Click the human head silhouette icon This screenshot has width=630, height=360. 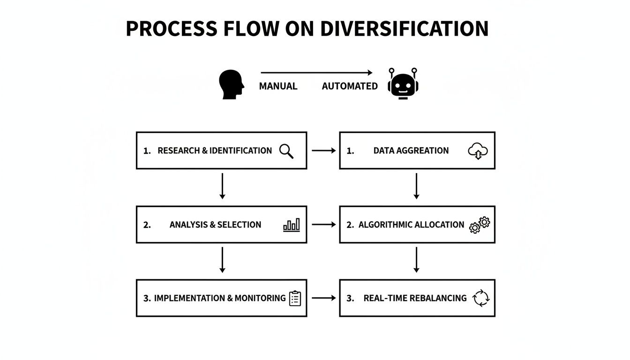pyautogui.click(x=231, y=84)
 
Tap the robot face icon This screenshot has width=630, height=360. pyautogui.click(x=403, y=84)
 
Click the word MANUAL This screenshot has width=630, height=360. pyautogui.click(x=278, y=86)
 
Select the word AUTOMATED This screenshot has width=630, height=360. pyautogui.click(x=350, y=86)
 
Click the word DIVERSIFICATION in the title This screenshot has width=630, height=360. pyautogui.click(x=404, y=29)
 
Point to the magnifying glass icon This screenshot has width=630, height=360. pyautogui.click(x=286, y=151)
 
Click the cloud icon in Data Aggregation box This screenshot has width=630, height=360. pyautogui.click(x=478, y=151)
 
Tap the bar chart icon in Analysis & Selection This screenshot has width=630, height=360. pyautogui.click(x=292, y=225)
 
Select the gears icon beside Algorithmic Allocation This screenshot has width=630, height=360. pyautogui.click(x=480, y=225)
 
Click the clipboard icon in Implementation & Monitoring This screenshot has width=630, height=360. pyautogui.click(x=295, y=298)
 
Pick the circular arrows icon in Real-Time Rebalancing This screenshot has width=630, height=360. pyautogui.click(x=481, y=298)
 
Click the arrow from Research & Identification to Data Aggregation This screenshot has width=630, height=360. pyautogui.click(x=323, y=150)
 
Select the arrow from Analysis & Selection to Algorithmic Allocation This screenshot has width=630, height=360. pyautogui.click(x=323, y=225)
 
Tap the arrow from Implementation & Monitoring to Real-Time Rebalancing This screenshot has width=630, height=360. pyautogui.click(x=323, y=298)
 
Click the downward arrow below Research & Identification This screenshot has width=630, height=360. pyautogui.click(x=222, y=186)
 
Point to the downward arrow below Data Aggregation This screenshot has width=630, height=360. pyautogui.click(x=416, y=186)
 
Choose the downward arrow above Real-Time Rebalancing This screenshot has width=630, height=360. pyautogui.click(x=416, y=260)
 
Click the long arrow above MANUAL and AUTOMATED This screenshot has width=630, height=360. pyautogui.click(x=316, y=73)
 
